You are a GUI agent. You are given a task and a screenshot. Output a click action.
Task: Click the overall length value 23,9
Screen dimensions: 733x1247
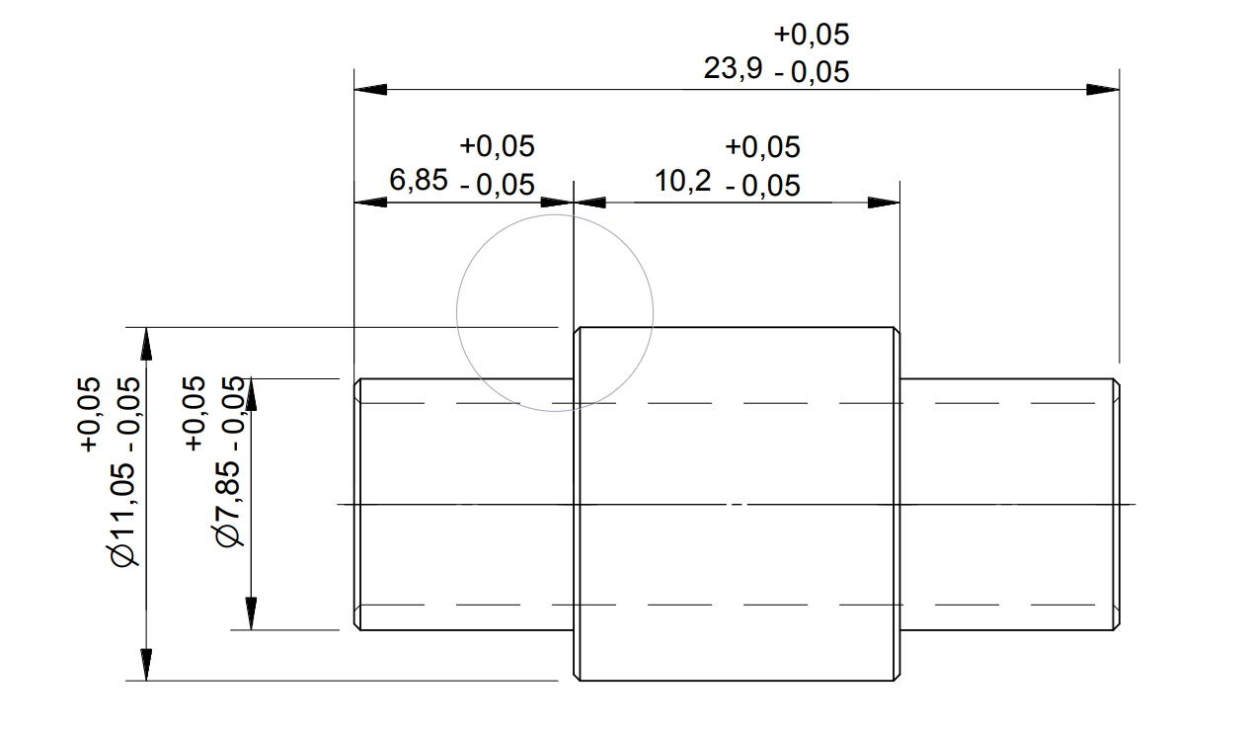tap(732, 70)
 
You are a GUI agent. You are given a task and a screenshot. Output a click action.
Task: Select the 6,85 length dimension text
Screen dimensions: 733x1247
tap(419, 181)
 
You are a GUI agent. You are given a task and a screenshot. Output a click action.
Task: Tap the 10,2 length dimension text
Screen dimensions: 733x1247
tap(682, 181)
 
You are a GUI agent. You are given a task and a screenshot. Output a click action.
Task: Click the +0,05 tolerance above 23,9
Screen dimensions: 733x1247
tap(812, 35)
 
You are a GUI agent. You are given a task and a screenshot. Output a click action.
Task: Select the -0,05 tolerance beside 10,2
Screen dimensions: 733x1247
tap(762, 186)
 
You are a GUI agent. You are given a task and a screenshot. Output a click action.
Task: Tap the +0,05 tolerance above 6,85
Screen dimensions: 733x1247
tap(498, 146)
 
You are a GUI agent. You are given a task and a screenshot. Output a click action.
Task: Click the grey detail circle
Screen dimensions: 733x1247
tap(457, 313)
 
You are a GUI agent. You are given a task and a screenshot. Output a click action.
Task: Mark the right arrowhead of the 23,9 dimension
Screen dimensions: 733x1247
tap(1103, 89)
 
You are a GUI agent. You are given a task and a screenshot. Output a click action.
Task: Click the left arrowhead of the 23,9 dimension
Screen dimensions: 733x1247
tap(370, 89)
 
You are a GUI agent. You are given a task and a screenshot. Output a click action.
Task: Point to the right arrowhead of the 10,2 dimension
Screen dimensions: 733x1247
tap(884, 203)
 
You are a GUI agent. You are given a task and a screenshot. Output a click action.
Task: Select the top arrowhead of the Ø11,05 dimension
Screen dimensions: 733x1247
tap(146, 343)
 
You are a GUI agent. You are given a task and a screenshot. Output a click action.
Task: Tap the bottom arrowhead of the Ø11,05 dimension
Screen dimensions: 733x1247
tap(146, 664)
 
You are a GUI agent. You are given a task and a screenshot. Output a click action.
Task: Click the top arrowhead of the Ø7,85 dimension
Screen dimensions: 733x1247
tap(252, 394)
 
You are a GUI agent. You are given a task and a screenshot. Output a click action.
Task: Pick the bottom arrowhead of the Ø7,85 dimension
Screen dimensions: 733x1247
tap(252, 613)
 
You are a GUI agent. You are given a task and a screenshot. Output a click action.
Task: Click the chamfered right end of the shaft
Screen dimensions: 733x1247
tap(1116, 504)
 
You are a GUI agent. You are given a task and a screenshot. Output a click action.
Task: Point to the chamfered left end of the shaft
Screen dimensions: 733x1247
tap(357, 504)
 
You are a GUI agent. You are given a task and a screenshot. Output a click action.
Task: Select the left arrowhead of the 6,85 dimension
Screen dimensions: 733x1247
tap(370, 203)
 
